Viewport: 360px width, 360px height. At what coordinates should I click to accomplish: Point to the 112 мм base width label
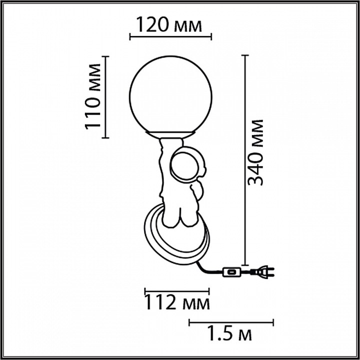[x=177, y=302]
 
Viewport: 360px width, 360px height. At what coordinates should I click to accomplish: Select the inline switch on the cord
[x=232, y=272]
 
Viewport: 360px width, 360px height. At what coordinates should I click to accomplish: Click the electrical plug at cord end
[x=263, y=272]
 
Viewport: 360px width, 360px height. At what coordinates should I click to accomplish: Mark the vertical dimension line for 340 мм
[x=244, y=160]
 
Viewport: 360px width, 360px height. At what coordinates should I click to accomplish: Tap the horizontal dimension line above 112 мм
[x=177, y=290]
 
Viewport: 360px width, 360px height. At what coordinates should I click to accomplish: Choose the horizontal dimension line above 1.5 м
[x=231, y=321]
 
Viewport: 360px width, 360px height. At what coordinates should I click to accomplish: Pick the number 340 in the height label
[x=256, y=167]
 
